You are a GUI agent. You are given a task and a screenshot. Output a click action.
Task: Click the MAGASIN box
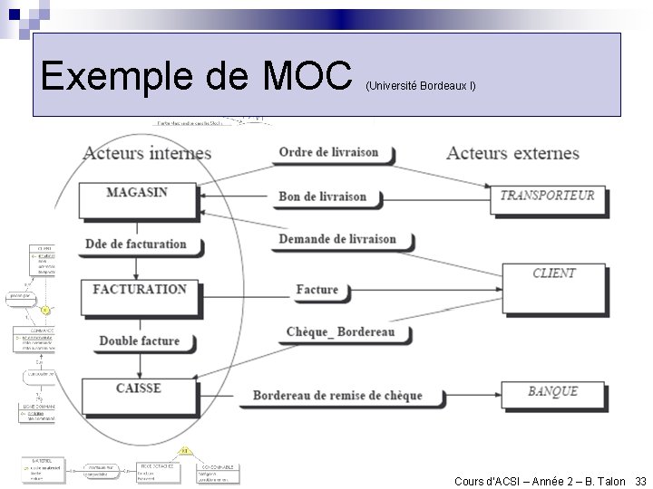(136, 197)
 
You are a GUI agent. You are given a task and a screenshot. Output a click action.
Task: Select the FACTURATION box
(139, 295)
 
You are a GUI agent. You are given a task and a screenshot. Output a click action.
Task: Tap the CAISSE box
(138, 395)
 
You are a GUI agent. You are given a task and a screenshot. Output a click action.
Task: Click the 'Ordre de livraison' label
(328, 152)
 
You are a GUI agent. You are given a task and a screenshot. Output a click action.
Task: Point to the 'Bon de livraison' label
(323, 197)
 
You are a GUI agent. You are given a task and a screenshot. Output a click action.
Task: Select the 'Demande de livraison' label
(337, 239)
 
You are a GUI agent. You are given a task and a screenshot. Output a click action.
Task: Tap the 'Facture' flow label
(317, 290)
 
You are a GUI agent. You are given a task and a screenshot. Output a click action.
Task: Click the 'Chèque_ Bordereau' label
(341, 332)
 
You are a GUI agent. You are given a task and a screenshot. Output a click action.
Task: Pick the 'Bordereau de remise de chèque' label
(337, 396)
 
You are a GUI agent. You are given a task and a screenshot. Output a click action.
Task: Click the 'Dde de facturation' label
(135, 244)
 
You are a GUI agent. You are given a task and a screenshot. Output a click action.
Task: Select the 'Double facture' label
(139, 340)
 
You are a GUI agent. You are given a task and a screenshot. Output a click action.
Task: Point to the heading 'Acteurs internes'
(147, 152)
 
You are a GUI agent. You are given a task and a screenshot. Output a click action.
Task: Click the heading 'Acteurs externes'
(512, 152)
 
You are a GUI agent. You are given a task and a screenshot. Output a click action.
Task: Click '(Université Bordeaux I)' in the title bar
(420, 86)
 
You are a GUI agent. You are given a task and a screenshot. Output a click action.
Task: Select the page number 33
(640, 481)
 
